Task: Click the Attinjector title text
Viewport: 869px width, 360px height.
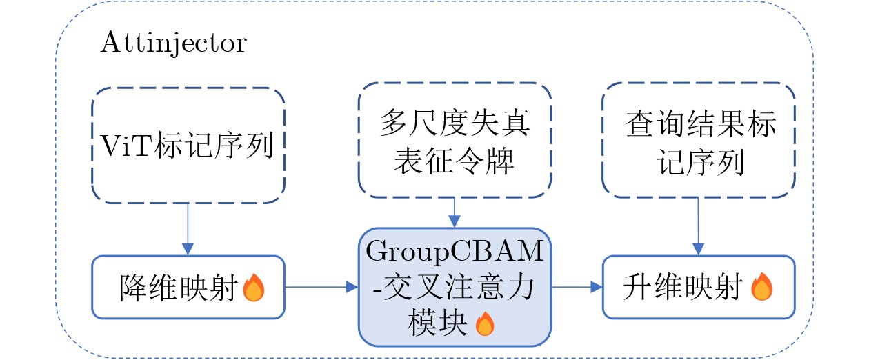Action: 173,43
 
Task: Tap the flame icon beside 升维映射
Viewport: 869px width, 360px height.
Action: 761,288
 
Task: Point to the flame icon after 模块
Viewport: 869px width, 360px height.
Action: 485,323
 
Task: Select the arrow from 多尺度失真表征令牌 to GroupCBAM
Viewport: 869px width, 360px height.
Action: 454,212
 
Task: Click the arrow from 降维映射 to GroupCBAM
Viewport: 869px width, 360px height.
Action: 321,287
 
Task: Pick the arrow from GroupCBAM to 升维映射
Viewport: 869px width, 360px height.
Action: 577,287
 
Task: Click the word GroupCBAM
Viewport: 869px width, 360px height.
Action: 454,252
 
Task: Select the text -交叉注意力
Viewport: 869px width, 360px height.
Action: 452,288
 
